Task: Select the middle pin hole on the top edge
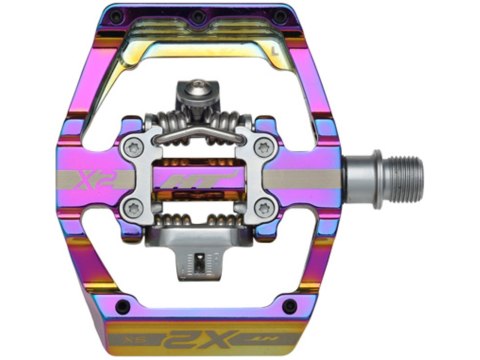199,18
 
